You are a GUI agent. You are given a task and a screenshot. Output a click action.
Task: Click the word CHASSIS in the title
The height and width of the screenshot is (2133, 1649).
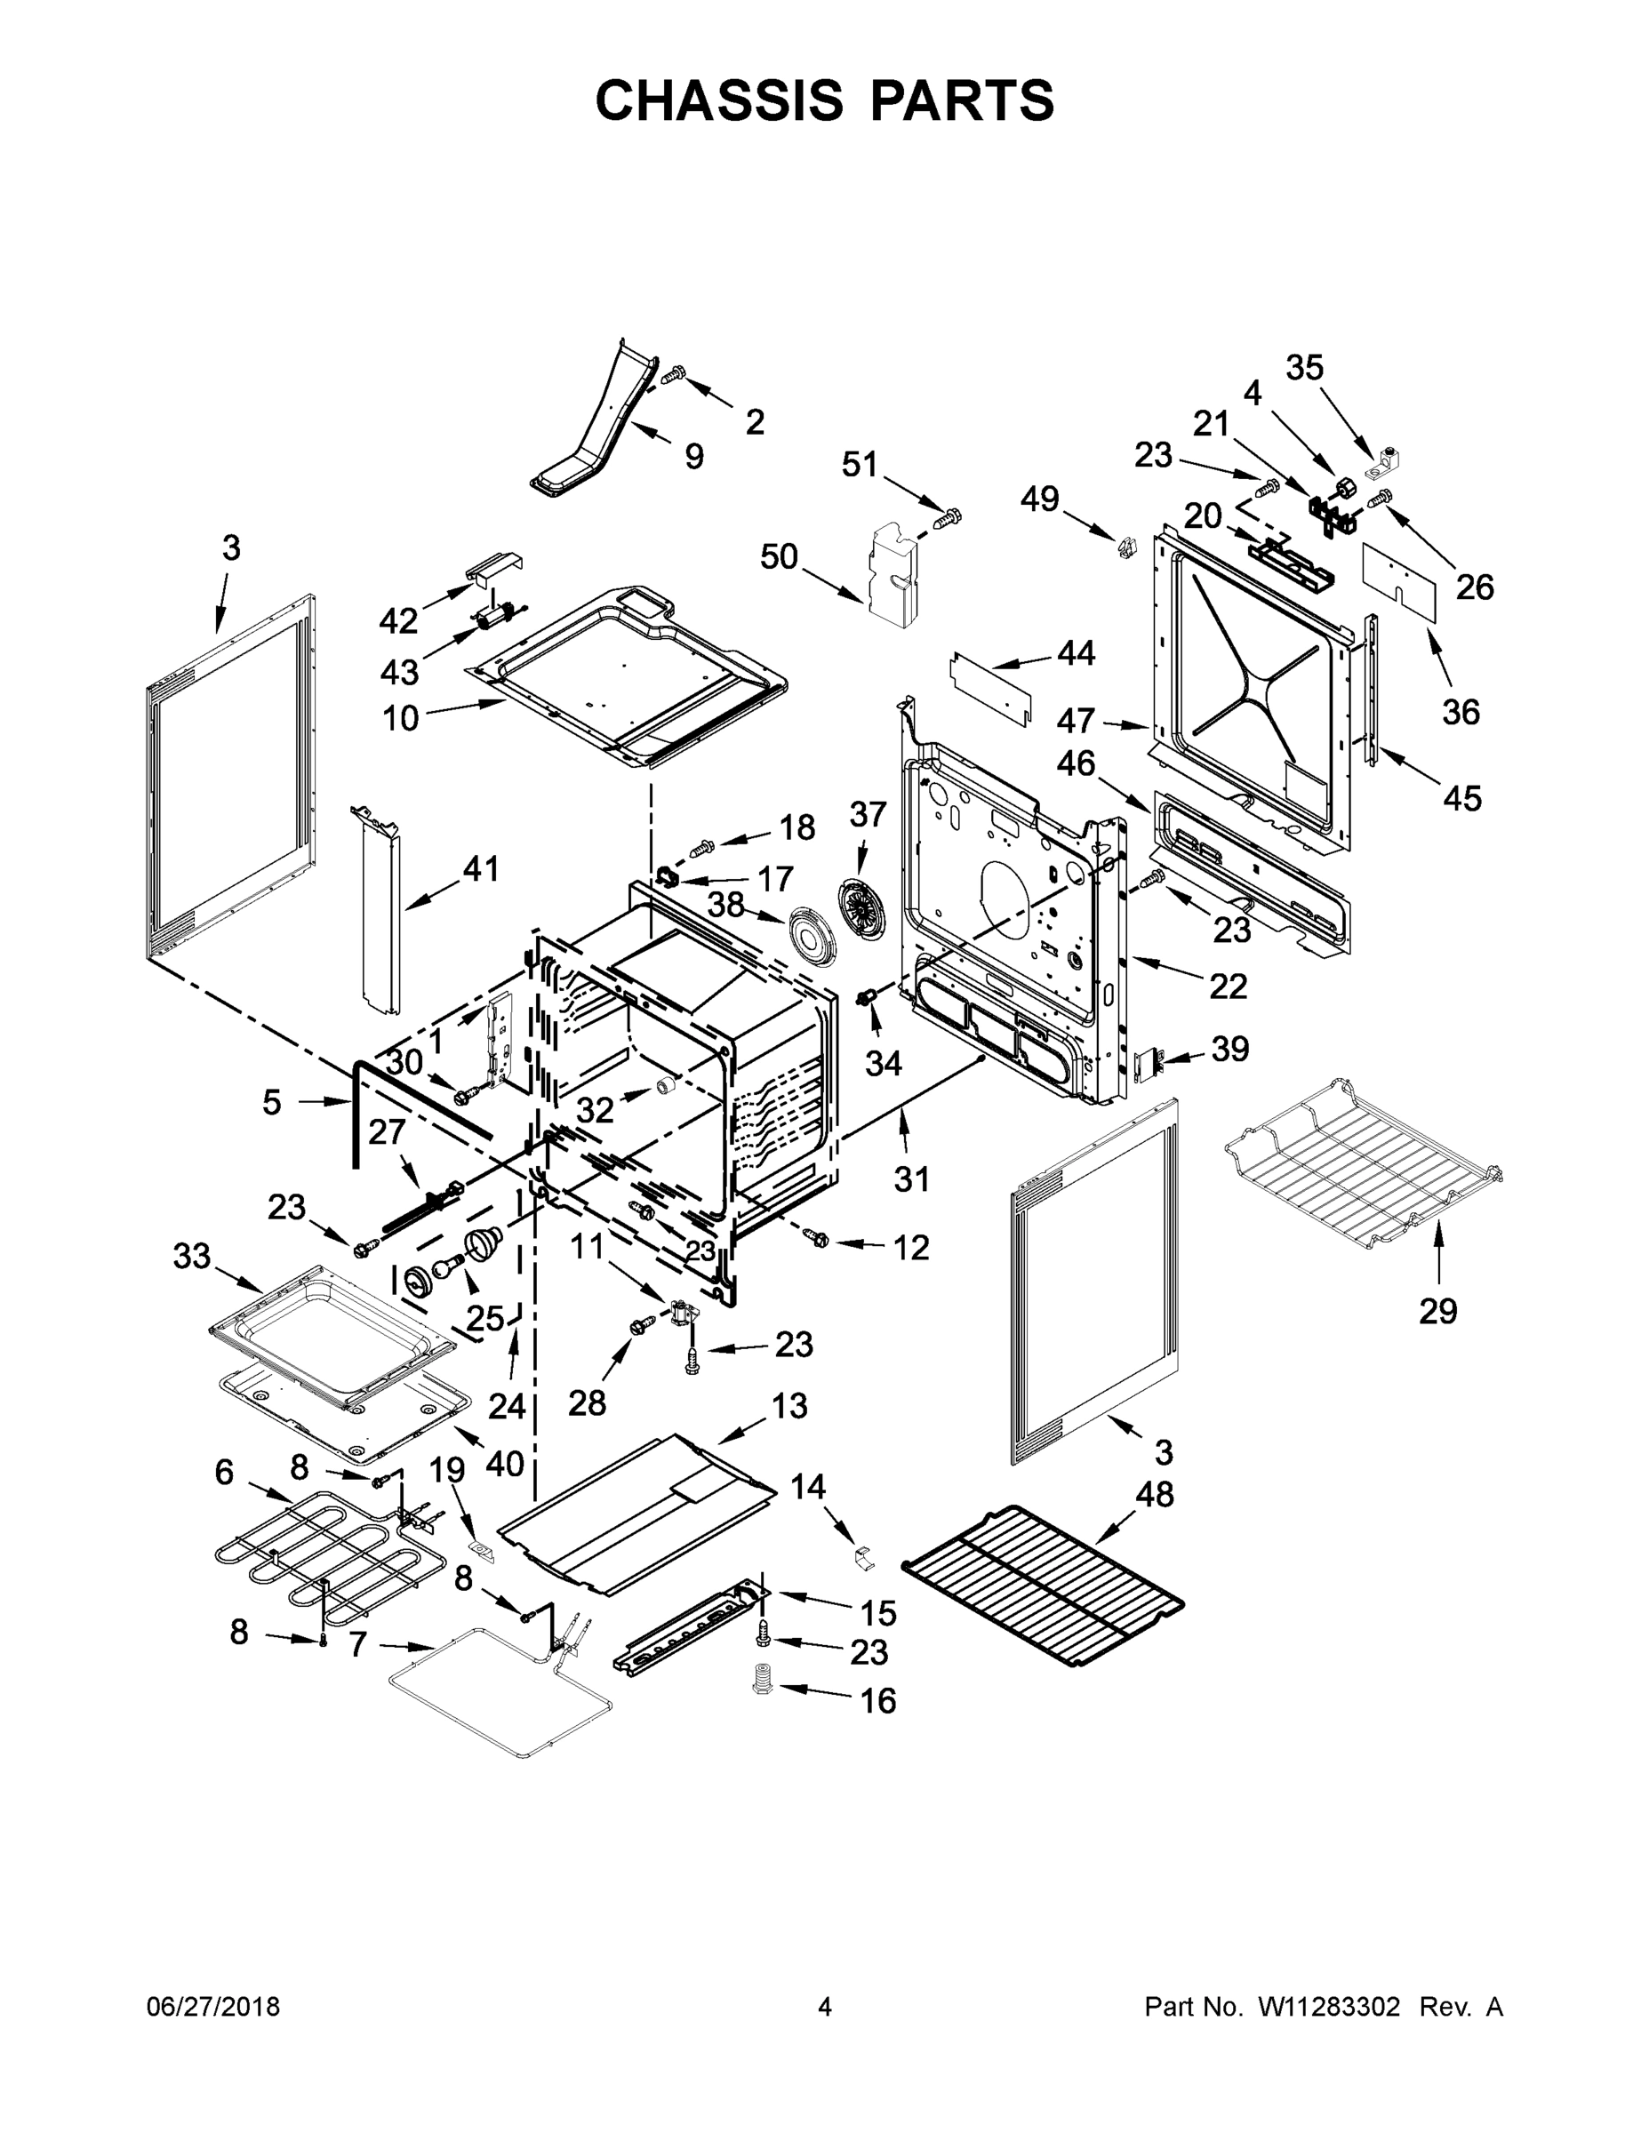tap(719, 100)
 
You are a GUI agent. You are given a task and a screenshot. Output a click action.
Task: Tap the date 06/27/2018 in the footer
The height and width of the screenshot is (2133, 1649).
tap(213, 2007)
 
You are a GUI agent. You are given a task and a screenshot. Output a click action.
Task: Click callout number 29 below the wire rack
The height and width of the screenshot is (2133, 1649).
tap(1438, 1311)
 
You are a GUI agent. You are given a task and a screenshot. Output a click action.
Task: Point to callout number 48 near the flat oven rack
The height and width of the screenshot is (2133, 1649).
tap(1155, 1493)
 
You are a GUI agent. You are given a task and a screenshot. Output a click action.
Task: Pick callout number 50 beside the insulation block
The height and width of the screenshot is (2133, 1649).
tap(780, 556)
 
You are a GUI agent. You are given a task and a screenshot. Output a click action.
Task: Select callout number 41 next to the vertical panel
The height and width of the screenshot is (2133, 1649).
tap(480, 868)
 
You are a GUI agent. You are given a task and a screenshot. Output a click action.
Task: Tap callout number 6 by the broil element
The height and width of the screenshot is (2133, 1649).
tap(225, 1472)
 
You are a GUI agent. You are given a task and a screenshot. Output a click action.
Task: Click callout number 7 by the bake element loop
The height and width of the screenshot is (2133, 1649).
tap(357, 1646)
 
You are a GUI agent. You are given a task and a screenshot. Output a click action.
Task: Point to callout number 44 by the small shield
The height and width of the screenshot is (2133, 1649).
tap(1076, 652)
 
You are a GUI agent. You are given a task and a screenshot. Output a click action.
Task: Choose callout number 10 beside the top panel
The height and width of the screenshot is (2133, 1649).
tap(401, 718)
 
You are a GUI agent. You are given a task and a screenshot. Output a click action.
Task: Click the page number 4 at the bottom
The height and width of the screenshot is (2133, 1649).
tap(825, 2007)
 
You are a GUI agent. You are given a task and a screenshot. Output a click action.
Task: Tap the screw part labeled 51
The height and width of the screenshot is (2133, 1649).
tap(949, 516)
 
